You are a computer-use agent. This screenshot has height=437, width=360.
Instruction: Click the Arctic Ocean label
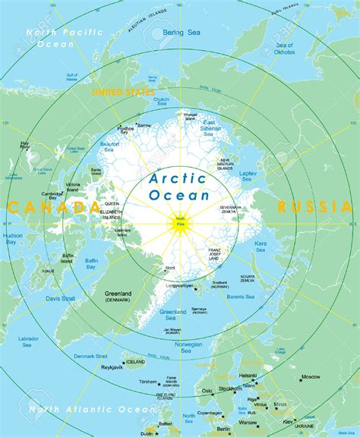click(x=179, y=187)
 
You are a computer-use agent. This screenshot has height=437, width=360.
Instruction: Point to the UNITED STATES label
click(x=122, y=93)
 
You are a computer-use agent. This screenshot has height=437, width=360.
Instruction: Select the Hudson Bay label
click(x=13, y=241)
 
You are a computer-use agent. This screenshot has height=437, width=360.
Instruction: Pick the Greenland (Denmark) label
click(x=117, y=296)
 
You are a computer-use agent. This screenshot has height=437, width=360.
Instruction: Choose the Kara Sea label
click(x=261, y=245)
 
